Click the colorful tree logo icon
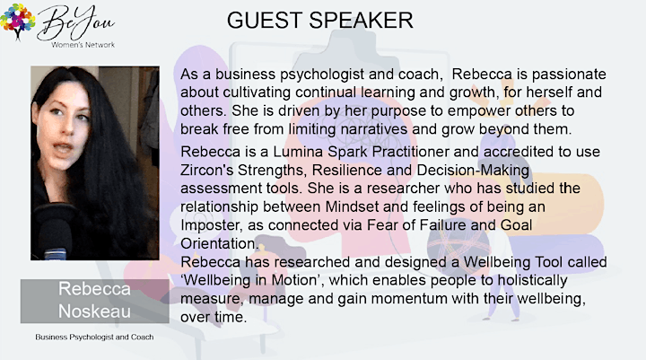(x=17, y=22)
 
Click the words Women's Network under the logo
(x=83, y=45)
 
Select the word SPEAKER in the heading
(x=361, y=21)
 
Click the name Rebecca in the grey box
(x=94, y=289)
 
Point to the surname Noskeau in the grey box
(x=94, y=311)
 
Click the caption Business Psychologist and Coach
(x=94, y=337)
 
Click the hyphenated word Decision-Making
(x=473, y=171)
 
